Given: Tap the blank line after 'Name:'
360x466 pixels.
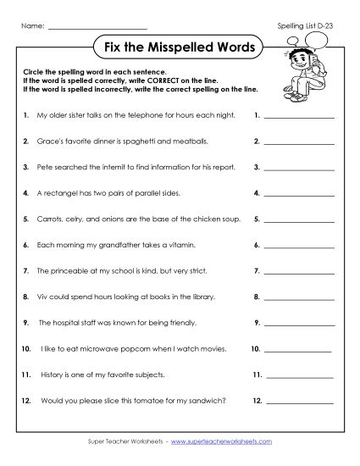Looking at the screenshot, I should (86, 27).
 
